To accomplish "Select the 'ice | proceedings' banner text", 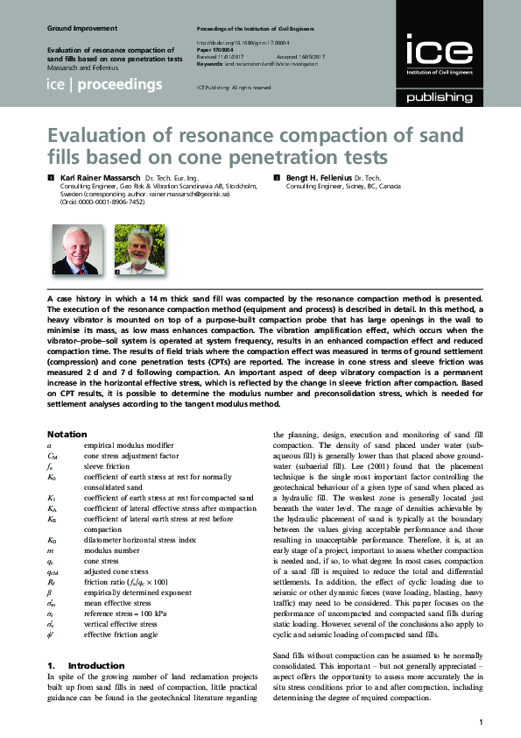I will (104, 85).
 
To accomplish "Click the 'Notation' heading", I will (67, 434).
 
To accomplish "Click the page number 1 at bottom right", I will (482, 722).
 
